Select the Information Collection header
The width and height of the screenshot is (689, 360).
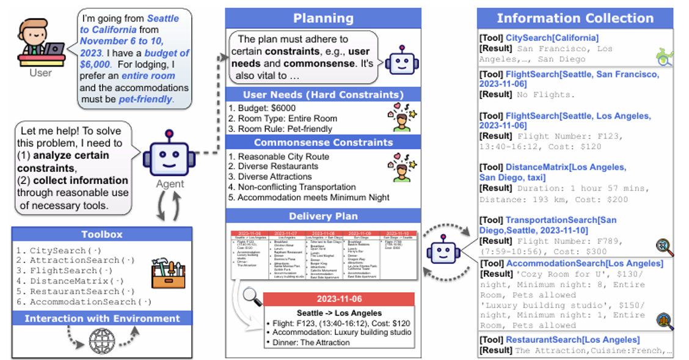pyautogui.click(x=575, y=18)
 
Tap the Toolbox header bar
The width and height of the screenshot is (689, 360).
pyautogui.click(x=102, y=234)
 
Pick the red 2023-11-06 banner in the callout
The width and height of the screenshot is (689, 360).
pyautogui.click(x=338, y=299)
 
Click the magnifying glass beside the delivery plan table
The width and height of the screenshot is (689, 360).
pyautogui.click(x=252, y=296)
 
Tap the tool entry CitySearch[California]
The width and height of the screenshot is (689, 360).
pyautogui.click(x=552, y=38)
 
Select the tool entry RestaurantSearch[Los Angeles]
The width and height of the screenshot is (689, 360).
pyautogui.click(x=572, y=339)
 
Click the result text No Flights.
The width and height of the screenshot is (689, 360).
pyautogui.click(x=545, y=95)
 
